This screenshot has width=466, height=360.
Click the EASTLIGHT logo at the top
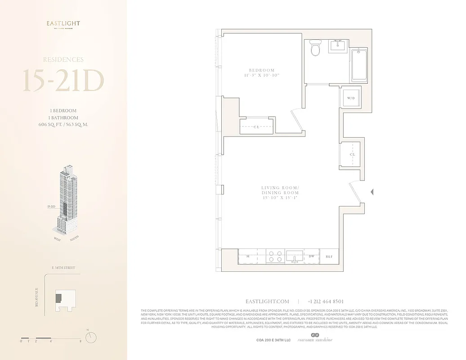pos(63,24)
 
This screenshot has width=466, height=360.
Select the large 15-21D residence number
pos(63,81)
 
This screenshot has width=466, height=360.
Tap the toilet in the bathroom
pos(315,49)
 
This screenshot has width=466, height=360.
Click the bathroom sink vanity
pos(337,46)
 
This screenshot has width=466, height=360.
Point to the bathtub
pos(359,65)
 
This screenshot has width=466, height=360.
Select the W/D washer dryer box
pos(350,98)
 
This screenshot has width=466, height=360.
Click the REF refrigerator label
pos(329,256)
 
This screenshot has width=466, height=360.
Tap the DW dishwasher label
pos(311,256)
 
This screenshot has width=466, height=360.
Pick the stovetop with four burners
pos(275,256)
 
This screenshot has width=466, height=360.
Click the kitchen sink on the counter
pos(295,256)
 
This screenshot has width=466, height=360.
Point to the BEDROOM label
pos(262,70)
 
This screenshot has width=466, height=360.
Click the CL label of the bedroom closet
pos(256,127)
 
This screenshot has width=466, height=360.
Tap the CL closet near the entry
pos(352,154)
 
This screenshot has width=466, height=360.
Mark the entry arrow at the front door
pos(372,192)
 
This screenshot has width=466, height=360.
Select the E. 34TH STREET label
pos(63,268)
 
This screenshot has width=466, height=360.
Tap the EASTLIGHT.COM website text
pos(267,301)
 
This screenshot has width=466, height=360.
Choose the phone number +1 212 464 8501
pos(326,301)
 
